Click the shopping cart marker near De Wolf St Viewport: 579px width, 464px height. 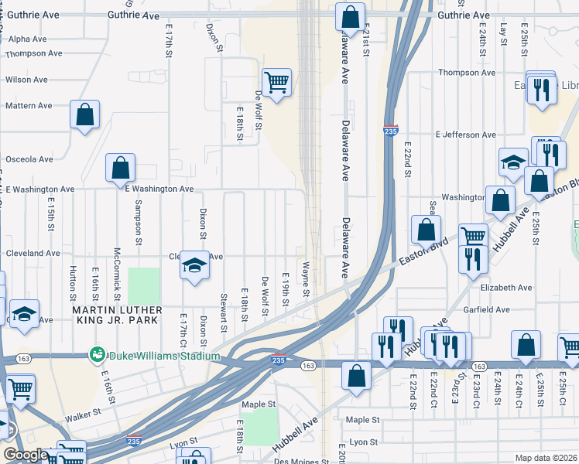[x=276, y=81]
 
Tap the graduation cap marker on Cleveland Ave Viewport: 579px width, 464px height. [x=195, y=267]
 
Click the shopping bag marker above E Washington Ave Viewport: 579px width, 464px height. [x=121, y=168]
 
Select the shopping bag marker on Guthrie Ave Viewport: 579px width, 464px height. [x=351, y=17]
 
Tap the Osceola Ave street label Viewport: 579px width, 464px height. [x=29, y=159]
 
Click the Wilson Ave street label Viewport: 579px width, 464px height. [x=27, y=79]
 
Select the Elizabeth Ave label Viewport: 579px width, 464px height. [x=506, y=287]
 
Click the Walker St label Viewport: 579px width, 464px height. [x=84, y=417]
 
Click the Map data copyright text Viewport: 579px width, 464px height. [x=546, y=458]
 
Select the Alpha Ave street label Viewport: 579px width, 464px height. [x=28, y=39]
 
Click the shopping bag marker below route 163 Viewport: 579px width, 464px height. [x=355, y=377]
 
